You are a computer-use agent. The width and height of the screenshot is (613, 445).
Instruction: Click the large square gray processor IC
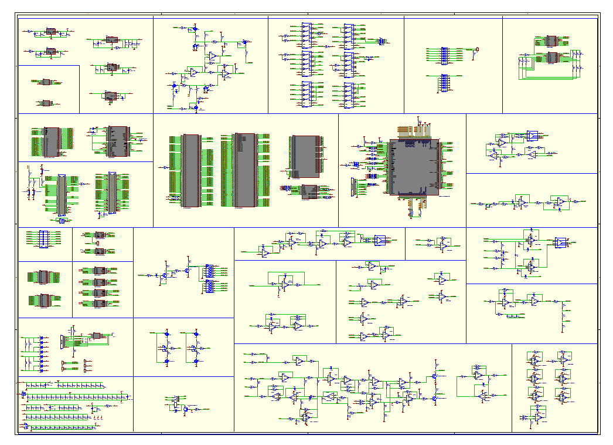point(413,167)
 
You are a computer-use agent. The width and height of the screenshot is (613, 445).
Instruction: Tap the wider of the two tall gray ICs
point(244,170)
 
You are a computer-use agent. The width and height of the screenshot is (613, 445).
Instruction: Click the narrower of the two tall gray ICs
point(191,170)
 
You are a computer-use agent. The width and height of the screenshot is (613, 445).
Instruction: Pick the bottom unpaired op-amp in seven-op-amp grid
point(537,417)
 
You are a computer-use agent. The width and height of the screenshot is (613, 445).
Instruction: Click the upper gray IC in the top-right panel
point(551,41)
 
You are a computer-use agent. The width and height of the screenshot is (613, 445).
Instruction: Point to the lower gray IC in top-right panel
point(551,57)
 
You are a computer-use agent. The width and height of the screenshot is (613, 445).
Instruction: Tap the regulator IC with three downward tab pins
point(111,96)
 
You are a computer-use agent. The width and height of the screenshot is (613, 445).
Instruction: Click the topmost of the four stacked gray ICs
point(99,271)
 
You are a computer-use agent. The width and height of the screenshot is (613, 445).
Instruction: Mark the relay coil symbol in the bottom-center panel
point(175,404)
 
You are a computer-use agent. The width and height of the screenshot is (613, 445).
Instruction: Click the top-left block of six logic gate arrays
point(306,34)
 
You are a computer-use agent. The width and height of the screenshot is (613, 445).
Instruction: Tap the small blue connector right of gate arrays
point(380,41)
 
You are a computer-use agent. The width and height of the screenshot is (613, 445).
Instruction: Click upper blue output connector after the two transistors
point(209,271)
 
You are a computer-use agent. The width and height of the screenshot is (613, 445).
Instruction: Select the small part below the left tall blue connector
point(61,221)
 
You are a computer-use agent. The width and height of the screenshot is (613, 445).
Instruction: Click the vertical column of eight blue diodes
point(41,354)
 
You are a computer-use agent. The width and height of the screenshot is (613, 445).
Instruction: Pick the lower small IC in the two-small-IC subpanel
point(46,103)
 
